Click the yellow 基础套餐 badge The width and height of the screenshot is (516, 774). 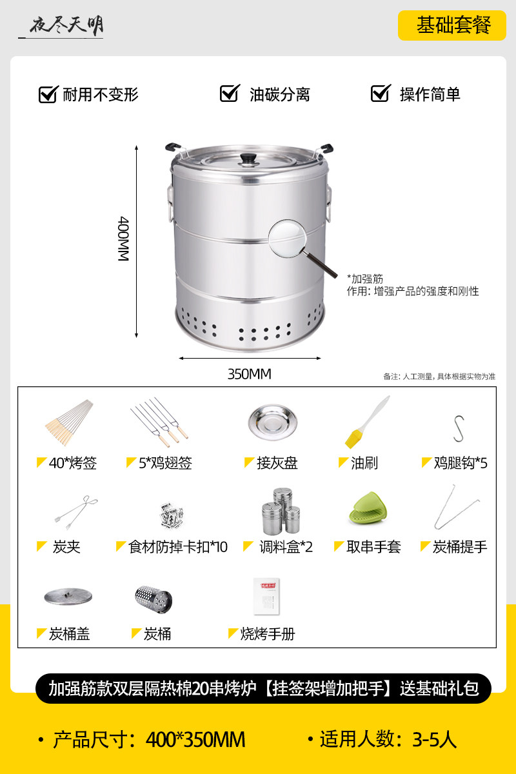(x=452, y=26)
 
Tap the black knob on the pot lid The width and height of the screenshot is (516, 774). (x=249, y=158)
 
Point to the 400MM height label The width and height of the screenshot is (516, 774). (x=123, y=239)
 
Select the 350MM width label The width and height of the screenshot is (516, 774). (x=249, y=374)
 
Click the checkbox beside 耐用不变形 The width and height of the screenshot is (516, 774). (x=48, y=94)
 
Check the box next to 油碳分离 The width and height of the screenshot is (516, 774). (x=230, y=94)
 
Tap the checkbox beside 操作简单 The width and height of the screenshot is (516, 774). (x=381, y=94)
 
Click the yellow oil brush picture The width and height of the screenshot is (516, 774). (x=367, y=422)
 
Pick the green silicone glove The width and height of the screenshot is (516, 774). (x=368, y=508)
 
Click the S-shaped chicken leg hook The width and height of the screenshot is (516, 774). (x=459, y=428)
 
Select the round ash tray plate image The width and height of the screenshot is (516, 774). (x=273, y=422)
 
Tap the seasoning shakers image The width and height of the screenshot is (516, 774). (x=281, y=511)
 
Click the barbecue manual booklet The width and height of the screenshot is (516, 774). (x=266, y=596)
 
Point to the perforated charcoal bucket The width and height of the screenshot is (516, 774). (x=154, y=599)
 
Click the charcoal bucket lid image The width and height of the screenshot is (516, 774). (x=68, y=597)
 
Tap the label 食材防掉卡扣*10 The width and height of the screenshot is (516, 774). (x=177, y=547)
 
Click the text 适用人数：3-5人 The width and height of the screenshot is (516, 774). (x=388, y=739)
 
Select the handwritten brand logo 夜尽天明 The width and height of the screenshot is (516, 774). (x=66, y=26)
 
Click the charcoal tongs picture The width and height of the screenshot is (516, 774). (x=76, y=512)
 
